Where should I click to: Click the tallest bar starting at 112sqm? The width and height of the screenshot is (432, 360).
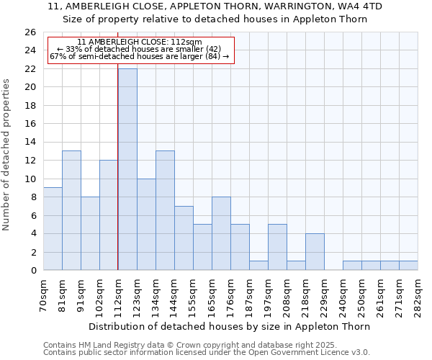pyautogui.click(x=127, y=169)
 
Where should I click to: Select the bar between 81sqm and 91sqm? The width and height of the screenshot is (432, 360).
pyautogui.click(x=71, y=210)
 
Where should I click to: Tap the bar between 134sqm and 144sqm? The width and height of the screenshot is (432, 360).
pyautogui.click(x=165, y=210)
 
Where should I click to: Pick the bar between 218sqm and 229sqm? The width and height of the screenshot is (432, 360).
pyautogui.click(x=315, y=252)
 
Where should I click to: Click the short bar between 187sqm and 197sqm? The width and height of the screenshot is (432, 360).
pyautogui.click(x=258, y=265)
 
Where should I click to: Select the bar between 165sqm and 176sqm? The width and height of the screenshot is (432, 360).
pyautogui.click(x=221, y=233)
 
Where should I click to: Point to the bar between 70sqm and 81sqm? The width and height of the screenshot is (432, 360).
pyautogui.click(x=53, y=229)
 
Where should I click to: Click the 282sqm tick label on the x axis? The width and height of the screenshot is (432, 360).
pyautogui.click(x=418, y=295)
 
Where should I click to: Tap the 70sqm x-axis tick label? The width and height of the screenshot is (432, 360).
pyautogui.click(x=44, y=295)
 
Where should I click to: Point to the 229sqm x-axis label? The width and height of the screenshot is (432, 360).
pyautogui.click(x=325, y=295)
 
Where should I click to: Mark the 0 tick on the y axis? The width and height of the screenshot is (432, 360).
pyautogui.click(x=32, y=271)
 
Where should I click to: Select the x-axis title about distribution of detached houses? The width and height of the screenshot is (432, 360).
pyautogui.click(x=230, y=326)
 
